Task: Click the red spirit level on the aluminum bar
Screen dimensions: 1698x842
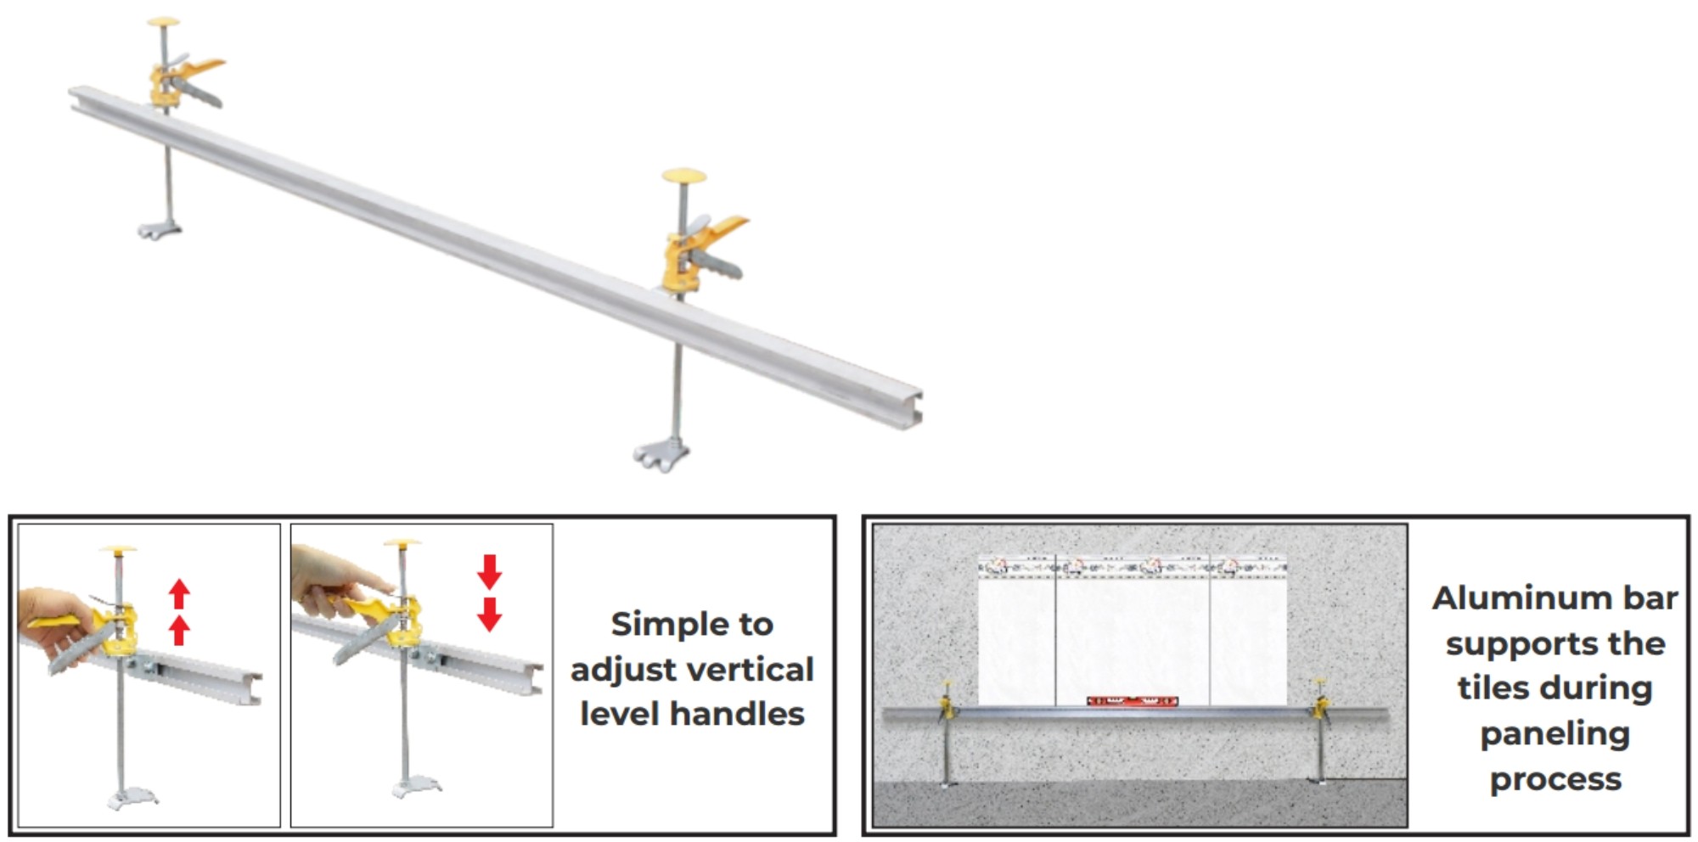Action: tap(1132, 701)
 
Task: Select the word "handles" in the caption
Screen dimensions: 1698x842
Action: tap(737, 714)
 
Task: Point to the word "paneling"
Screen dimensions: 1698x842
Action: tap(1555, 734)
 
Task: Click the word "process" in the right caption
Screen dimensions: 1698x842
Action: tap(1555, 780)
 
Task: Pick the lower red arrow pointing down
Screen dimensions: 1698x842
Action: tap(489, 615)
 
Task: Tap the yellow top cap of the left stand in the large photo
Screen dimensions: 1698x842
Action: tap(163, 22)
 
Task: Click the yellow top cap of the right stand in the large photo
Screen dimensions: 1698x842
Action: tap(684, 176)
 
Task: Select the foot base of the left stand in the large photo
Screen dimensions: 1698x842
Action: tap(160, 227)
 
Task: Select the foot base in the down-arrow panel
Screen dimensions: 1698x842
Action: tap(416, 788)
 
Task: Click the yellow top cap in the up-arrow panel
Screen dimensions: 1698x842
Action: tap(118, 550)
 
